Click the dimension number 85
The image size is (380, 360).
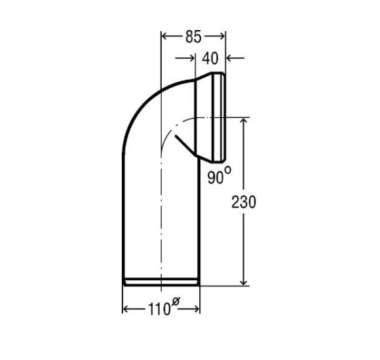(193, 37)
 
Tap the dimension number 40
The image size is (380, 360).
(210, 58)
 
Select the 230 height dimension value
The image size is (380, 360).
(244, 202)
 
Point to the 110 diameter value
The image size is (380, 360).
(159, 309)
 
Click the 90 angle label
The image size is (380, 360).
(215, 177)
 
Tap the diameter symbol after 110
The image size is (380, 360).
(175, 302)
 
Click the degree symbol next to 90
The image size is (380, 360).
(227, 170)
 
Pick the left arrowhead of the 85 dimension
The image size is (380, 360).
(165, 37)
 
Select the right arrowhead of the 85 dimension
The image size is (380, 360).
(222, 37)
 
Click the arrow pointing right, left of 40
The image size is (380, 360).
(185, 58)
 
